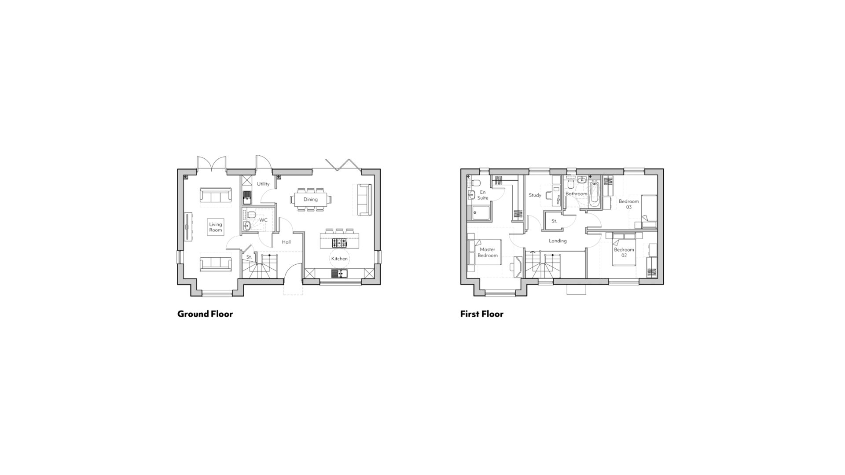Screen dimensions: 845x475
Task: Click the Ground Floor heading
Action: pos(205,314)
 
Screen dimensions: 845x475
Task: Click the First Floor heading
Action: pos(482,314)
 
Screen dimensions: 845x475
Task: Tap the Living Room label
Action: pos(216,227)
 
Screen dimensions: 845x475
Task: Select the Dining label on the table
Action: pos(310,200)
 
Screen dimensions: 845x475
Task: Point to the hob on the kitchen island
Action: pos(339,242)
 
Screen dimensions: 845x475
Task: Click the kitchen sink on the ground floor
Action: pos(339,274)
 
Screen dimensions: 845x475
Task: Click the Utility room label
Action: pos(263,184)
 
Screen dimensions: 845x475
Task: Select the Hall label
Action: pos(287,242)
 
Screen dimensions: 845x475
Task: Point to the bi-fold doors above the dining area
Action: pos(343,164)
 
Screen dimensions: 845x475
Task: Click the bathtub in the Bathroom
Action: pos(594,195)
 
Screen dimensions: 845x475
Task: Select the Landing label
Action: pos(558,241)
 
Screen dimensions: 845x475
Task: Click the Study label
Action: pos(535,195)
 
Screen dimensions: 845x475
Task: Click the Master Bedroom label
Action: pos(488,252)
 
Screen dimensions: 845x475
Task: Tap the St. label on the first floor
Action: pos(554,221)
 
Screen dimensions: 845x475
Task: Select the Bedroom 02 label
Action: pos(624,252)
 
